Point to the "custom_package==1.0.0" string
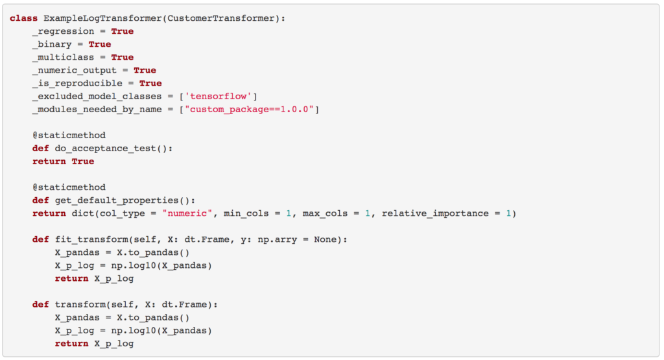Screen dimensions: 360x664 [x=252, y=109]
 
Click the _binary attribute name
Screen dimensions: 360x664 [x=53, y=44]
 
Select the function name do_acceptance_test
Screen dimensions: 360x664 [x=107, y=148]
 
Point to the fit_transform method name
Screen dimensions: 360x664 [x=87, y=239]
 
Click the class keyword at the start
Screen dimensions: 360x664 [x=23, y=18]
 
